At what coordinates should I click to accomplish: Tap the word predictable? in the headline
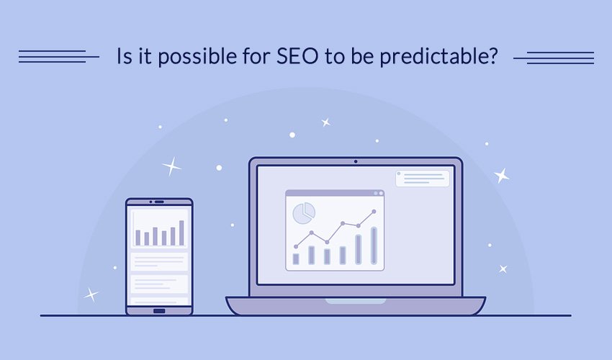pos(439,57)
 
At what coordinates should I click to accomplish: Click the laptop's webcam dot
pos(356,161)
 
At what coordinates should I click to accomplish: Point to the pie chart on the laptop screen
pos(304,213)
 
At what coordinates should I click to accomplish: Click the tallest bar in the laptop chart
pos(374,246)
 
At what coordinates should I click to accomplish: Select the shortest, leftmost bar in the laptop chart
pos(296,259)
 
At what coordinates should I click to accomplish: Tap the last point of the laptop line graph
pos(374,212)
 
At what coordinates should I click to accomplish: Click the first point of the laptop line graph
pos(296,246)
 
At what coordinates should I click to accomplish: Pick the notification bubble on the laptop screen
pos(423,179)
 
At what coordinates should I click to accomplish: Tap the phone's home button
pos(159,311)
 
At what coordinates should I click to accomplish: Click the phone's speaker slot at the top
pos(159,202)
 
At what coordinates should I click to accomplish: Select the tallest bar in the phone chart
pos(181,233)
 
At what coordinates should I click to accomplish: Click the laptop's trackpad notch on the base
pos(356,301)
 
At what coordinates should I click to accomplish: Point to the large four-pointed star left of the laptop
pos(171,167)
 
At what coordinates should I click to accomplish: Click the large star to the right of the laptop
pos(502,176)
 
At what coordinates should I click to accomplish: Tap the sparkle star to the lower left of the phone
pos(91,294)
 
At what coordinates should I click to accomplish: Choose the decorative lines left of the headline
pos(59,57)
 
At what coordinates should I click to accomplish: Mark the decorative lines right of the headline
pos(554,58)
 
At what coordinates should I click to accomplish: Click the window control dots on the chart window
pos(378,193)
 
